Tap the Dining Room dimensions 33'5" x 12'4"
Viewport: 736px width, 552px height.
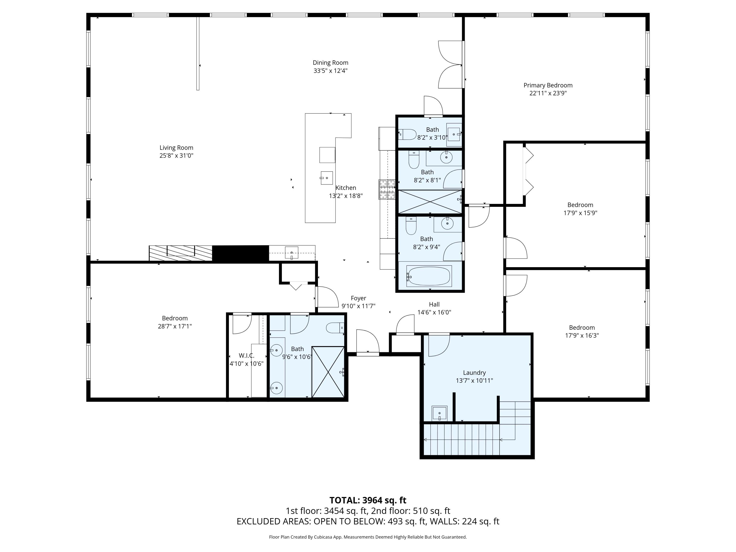(x=330, y=71)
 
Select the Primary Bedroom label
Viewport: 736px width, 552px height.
(x=548, y=85)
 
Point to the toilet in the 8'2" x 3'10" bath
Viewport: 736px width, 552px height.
(x=407, y=134)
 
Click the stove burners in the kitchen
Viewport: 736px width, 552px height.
(x=387, y=189)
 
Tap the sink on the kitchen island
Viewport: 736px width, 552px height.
(x=326, y=178)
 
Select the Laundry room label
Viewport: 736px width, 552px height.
(x=474, y=373)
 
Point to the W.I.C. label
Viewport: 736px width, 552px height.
(x=246, y=355)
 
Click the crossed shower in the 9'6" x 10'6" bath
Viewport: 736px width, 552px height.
(x=328, y=372)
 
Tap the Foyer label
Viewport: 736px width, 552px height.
(x=358, y=298)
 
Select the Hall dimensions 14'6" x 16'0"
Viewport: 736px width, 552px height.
(x=434, y=312)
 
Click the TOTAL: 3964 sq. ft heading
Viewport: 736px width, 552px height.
(x=368, y=500)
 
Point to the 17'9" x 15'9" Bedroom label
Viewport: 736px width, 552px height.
(x=580, y=205)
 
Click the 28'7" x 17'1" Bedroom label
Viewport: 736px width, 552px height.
(x=175, y=318)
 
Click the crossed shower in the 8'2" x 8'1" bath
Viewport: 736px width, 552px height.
(x=430, y=202)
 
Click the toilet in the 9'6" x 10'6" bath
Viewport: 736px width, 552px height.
(x=334, y=328)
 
